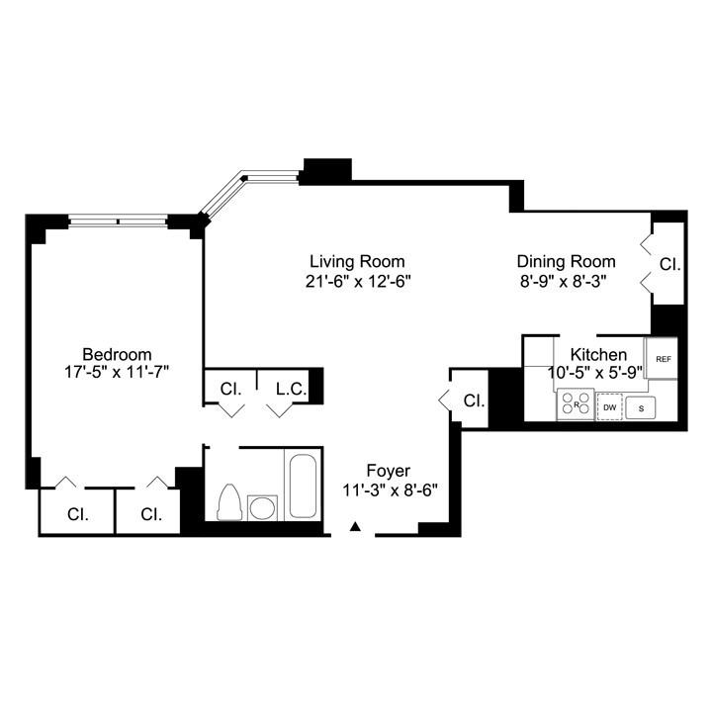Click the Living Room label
pos(357,261)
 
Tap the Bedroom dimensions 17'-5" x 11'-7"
pos(117,373)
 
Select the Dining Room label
pos(567,261)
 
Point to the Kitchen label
pos(598,354)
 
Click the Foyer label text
pos(389,471)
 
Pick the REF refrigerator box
pos(663,358)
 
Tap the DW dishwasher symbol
pos(609,406)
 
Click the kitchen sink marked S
pos(641,407)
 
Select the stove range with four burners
pos(576,403)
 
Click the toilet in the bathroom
pos(228,501)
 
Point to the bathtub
pos(303,486)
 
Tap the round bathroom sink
pos(262,507)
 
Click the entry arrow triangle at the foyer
pos(356,526)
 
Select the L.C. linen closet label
pos(292,389)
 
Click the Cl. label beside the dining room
pos(669,264)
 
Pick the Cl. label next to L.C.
pos(230,389)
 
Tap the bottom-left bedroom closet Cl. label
pos(78,514)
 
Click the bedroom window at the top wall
pos(118,222)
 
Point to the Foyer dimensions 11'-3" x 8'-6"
pos(390,490)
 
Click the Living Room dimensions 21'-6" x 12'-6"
pos(357,282)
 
